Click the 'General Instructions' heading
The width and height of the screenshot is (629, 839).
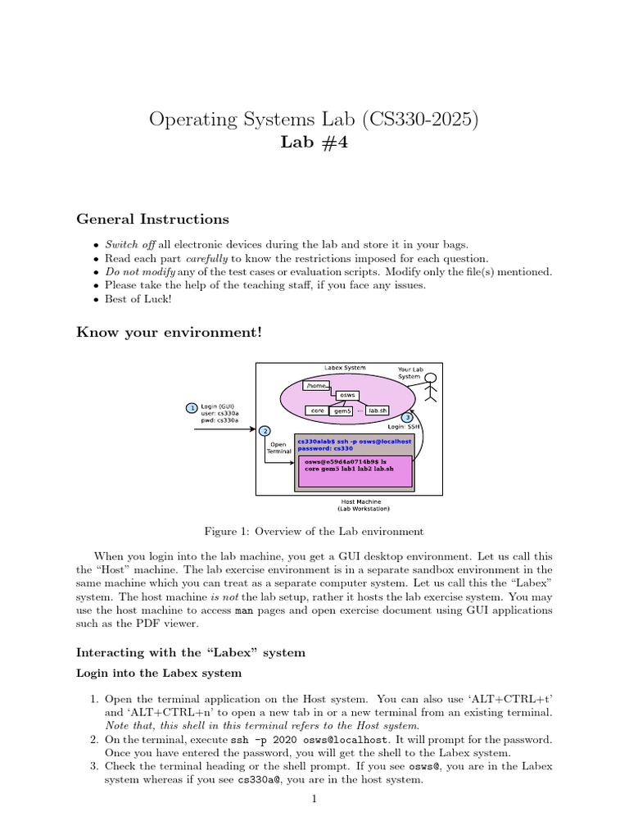pos(152,220)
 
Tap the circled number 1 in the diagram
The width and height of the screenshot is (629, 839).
pos(192,407)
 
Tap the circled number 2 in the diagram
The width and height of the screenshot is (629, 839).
pos(265,431)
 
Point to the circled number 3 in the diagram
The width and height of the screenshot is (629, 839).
pos(408,418)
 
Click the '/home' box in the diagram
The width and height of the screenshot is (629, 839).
pos(316,385)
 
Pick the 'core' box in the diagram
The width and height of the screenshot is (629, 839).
pos(317,410)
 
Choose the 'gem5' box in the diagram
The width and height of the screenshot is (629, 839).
pos(342,410)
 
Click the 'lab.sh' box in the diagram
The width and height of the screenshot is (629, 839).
pos(378,410)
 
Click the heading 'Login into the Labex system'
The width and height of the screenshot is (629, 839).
pos(159,673)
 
